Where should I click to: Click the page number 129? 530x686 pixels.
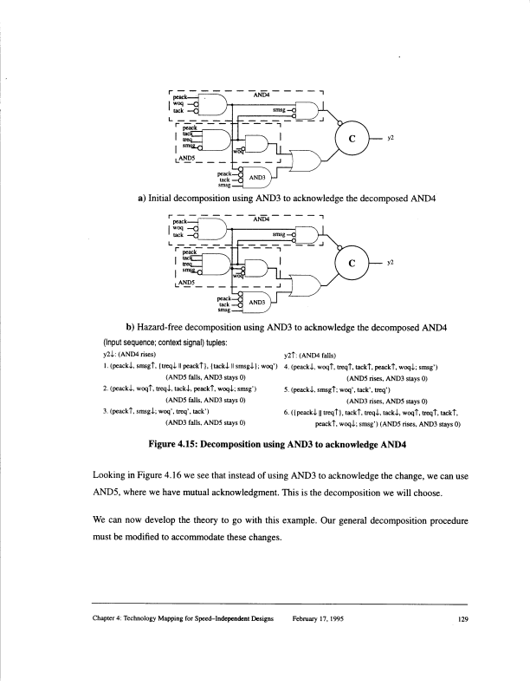click(x=463, y=617)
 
